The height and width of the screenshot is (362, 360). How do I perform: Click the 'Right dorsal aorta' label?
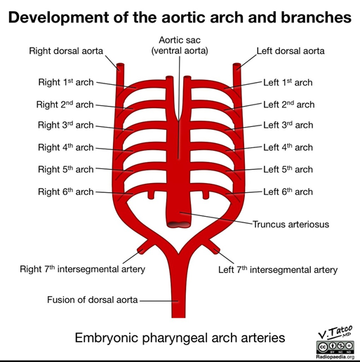point(66,51)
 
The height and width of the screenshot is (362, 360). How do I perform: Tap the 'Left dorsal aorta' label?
point(291,51)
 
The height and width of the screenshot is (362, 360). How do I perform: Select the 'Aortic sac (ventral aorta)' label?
point(180,46)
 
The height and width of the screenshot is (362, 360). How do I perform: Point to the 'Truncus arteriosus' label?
point(291,224)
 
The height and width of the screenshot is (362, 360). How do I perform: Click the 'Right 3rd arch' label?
point(66,125)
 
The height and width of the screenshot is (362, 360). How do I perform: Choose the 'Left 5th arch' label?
point(288,169)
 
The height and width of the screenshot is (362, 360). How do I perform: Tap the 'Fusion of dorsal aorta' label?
point(93,300)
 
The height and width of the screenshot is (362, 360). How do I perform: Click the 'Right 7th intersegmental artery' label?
point(82,269)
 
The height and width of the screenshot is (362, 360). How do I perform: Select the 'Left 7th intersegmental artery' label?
point(278,269)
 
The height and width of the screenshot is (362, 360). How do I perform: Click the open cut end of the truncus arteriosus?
point(178,224)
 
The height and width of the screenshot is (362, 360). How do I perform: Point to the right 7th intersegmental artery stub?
point(145,247)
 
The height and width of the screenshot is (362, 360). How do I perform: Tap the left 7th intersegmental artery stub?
point(213,247)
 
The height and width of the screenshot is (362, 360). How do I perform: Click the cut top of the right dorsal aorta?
point(120,65)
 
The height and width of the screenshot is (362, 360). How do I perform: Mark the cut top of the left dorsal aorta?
point(236,65)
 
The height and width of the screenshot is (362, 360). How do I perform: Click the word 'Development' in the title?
point(59,18)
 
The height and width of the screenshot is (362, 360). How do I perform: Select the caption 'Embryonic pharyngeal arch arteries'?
point(180,337)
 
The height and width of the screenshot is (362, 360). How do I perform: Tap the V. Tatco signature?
point(335,333)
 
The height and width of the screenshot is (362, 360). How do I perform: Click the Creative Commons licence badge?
point(335,347)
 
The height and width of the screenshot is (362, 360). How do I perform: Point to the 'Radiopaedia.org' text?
point(335,357)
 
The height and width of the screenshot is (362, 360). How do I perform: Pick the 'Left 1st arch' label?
point(288,83)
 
